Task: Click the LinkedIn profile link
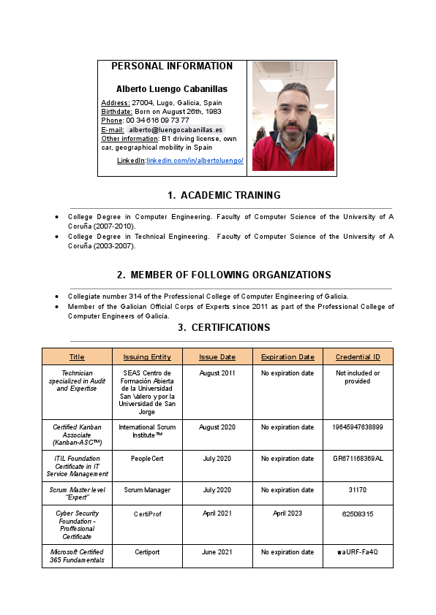[x=195, y=161]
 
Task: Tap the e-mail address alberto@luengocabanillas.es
[x=176, y=129]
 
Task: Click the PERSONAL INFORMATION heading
[x=172, y=66]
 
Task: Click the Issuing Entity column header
[x=147, y=357]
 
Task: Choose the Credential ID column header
[x=358, y=357]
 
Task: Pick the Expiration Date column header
[x=287, y=357]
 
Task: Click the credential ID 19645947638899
[x=358, y=427]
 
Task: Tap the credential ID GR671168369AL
[x=358, y=459]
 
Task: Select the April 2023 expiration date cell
[x=287, y=513]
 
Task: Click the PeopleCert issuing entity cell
[x=147, y=459]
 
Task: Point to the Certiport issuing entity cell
[x=147, y=552]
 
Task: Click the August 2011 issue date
[x=217, y=373]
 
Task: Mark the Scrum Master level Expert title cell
[x=77, y=494]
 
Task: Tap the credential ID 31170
[x=358, y=490]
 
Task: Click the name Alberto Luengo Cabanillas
[x=172, y=89]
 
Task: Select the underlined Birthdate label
[x=116, y=112]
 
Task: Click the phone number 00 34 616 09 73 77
[x=157, y=121]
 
